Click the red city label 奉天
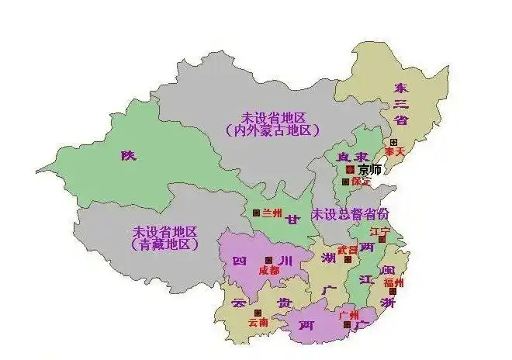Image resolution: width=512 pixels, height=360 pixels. [396, 153]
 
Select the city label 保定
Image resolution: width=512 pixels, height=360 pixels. [361, 182]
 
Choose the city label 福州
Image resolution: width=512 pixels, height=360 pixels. [393, 282]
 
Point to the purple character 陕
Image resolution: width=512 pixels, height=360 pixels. [128, 155]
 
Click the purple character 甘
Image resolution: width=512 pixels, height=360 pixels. [292, 220]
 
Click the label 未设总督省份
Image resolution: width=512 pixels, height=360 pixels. [351, 213]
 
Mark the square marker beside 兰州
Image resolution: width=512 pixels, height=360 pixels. [256, 212]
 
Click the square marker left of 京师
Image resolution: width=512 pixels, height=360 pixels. [350, 169]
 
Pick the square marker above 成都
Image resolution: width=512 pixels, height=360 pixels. [268, 260]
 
